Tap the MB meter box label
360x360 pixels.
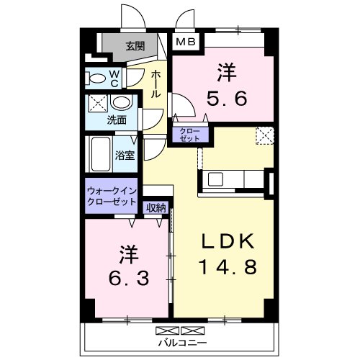[185, 43]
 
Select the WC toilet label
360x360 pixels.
[114, 77]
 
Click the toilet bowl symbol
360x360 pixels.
[94, 77]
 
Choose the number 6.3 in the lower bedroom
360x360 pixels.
[128, 277]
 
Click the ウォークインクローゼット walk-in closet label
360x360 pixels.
[110, 195]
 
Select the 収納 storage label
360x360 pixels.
[156, 207]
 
